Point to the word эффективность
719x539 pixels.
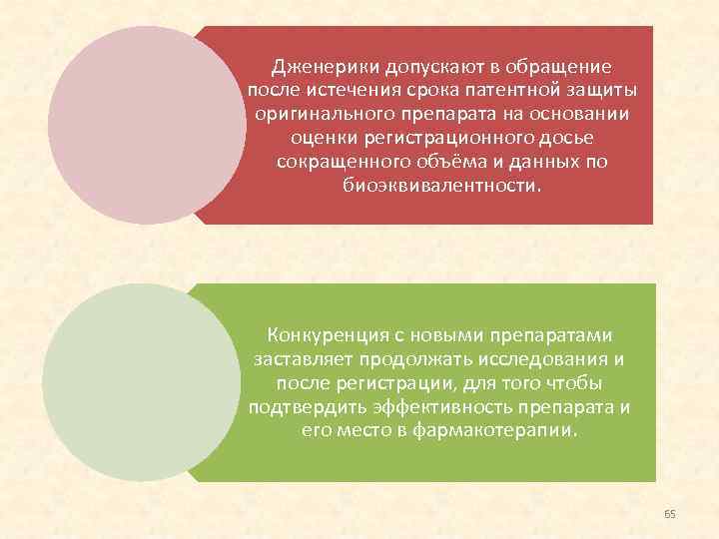pos(430,406)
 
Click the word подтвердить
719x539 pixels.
pos(296,406)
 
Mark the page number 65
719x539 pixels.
pos(670,514)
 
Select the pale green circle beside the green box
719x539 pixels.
pos(135,383)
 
